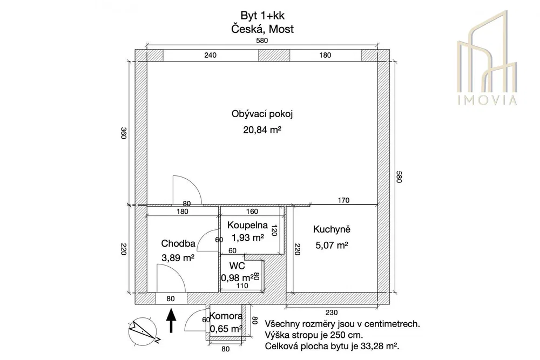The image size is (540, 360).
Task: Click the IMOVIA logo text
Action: click(487, 100)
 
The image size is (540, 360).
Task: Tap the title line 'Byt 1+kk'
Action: click(262, 16)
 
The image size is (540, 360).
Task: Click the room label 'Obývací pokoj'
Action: click(262, 114)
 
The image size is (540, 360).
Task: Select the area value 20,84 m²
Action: click(262, 130)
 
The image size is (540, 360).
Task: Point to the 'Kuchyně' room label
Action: click(332, 229)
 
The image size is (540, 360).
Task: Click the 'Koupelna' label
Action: click(247, 226)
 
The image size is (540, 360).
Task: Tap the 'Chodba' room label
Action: click(178, 243)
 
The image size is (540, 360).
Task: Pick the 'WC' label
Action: click(237, 266)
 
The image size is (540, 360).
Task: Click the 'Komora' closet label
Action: click(226, 316)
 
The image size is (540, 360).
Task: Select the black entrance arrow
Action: click(171, 321)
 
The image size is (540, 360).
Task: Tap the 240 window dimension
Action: click(210, 55)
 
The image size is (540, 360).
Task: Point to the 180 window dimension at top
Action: click(325, 55)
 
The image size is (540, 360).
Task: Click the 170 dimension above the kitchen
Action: click(343, 200)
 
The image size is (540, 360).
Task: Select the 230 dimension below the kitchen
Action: click(332, 313)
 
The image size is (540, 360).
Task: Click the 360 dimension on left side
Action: click(124, 133)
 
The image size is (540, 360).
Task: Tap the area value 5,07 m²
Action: click(332, 246)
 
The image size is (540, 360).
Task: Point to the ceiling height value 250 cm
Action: click(347, 335)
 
